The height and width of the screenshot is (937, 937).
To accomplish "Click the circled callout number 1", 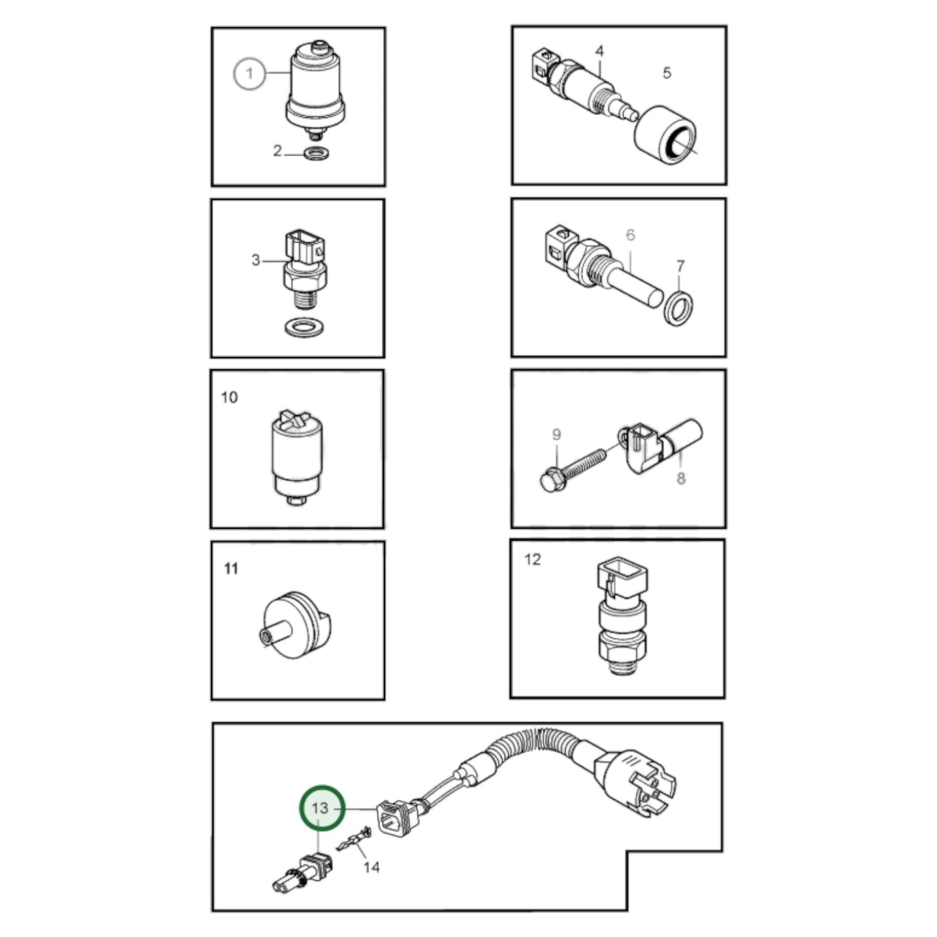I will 250,73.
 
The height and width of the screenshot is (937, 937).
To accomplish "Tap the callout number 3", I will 255,260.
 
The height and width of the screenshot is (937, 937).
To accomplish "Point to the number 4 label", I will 600,51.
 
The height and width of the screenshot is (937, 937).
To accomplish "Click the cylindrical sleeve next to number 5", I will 665,137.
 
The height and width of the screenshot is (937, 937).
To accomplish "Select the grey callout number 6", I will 630,235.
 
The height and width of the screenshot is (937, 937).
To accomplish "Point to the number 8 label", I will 680,479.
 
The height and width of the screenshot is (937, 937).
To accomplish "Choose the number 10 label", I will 230,397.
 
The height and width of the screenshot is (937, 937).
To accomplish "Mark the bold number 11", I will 231,569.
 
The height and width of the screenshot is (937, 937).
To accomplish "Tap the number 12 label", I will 532,559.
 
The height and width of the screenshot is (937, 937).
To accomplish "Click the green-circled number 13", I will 320,809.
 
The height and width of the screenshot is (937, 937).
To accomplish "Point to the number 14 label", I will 371,867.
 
